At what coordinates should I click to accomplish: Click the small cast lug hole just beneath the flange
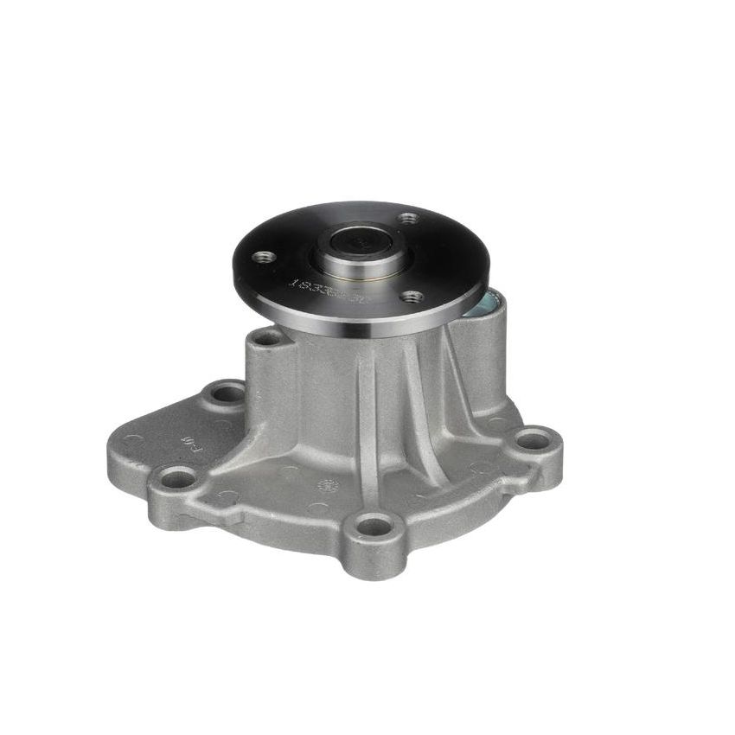[x=270, y=337]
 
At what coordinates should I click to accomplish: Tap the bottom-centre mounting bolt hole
[x=374, y=525]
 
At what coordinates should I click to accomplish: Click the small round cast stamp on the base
[x=329, y=487]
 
